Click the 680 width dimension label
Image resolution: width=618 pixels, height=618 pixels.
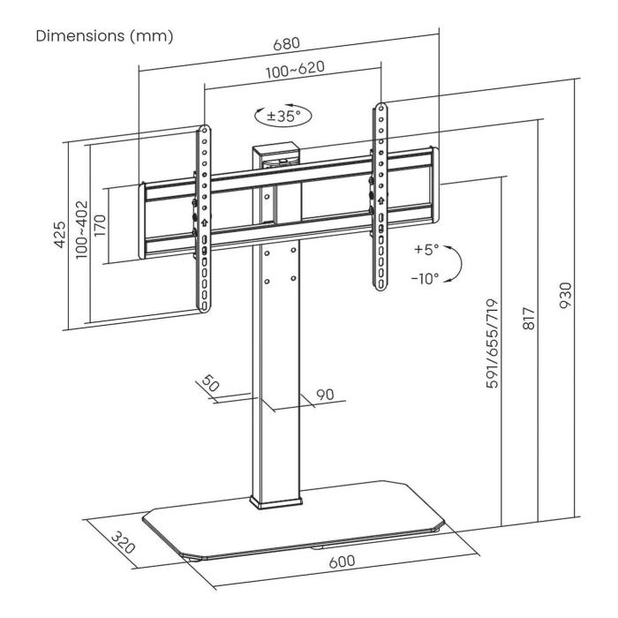288,42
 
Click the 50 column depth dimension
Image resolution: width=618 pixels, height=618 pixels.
210,386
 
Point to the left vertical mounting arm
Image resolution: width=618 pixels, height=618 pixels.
203,216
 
